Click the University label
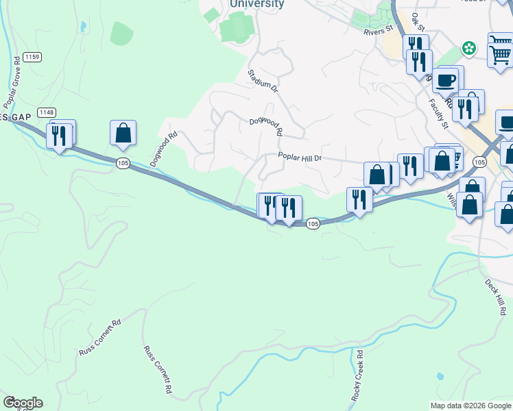[256, 4]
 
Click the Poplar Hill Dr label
[299, 157]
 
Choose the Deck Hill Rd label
[496, 296]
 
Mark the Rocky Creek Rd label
[357, 377]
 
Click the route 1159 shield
[31, 57]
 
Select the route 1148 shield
[47, 112]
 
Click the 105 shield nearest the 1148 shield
[123, 162]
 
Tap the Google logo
[23, 403]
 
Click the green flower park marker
[469, 48]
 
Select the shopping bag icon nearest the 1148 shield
[123, 132]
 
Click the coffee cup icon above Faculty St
[445, 79]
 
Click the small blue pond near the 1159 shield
[82, 27]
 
